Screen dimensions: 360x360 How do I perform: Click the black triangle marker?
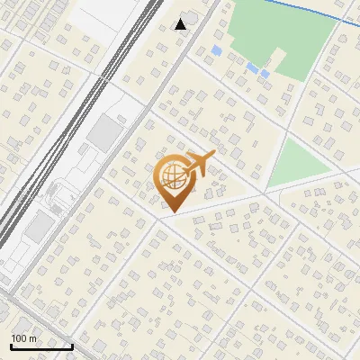point(181,23)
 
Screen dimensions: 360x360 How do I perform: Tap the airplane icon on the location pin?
point(200,165)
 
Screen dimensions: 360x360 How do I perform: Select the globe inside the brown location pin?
point(171,175)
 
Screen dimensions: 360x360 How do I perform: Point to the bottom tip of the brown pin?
point(171,212)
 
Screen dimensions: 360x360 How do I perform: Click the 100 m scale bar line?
point(41,346)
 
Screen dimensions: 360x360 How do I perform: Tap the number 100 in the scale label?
point(20,338)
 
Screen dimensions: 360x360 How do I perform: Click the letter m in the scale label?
point(33,338)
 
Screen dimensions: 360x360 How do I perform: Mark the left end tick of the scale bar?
point(11,345)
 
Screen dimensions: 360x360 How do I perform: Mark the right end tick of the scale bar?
point(72,345)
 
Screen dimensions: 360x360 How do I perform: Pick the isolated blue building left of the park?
point(216,51)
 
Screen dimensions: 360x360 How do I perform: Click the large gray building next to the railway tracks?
point(105,134)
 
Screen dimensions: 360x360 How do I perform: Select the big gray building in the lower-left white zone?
point(38,227)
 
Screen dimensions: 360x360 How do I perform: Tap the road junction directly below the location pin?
point(162,217)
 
